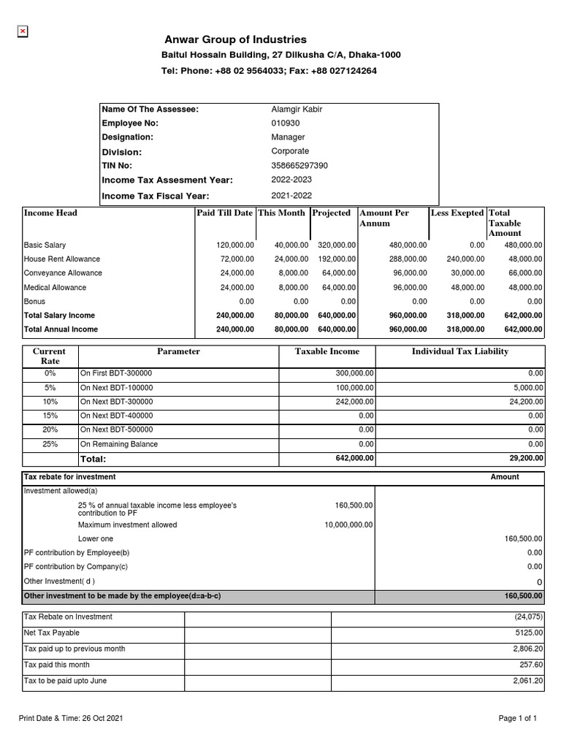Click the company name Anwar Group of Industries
[x=236, y=39]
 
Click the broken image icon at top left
[x=23, y=31]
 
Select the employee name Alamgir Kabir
[x=297, y=110]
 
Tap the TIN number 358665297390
[x=299, y=166]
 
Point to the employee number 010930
[x=286, y=123]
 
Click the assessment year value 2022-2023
[x=291, y=180]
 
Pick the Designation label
[x=127, y=137]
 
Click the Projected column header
[x=332, y=213]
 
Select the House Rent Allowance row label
[x=62, y=259]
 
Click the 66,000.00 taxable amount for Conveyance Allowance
[x=523, y=273]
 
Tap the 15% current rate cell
[x=50, y=416]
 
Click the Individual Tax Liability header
[x=460, y=351]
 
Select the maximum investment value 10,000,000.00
[x=348, y=524]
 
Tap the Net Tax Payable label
[x=52, y=633]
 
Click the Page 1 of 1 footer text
[x=517, y=719]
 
